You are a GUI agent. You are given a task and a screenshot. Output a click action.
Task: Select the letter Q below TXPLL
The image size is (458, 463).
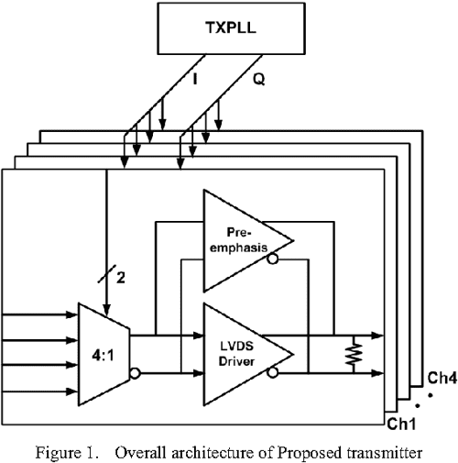click(x=258, y=81)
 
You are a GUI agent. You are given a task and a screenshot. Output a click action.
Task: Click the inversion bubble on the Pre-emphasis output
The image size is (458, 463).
click(x=273, y=259)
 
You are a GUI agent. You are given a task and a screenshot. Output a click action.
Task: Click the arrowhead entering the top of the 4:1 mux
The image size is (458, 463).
click(x=108, y=308)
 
